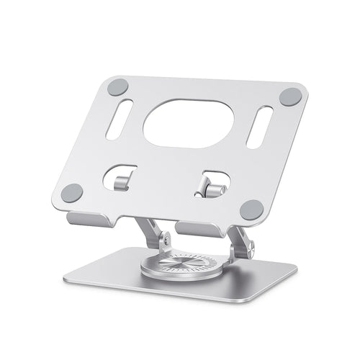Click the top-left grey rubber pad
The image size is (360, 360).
click(x=117, y=88)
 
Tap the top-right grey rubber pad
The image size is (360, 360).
click(x=290, y=96)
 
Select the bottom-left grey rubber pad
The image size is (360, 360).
click(x=72, y=193)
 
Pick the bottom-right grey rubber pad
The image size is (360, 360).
click(x=251, y=210)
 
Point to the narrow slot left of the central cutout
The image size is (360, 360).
click(x=119, y=119)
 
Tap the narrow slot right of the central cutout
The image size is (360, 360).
click(x=259, y=127)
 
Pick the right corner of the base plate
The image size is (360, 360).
click(x=295, y=268)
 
